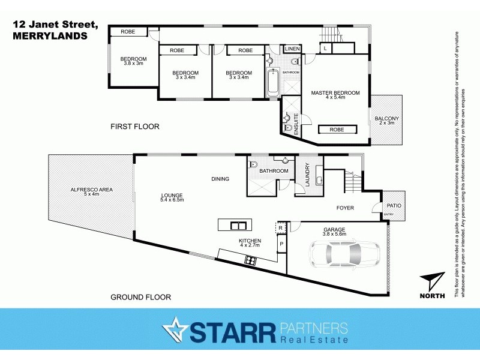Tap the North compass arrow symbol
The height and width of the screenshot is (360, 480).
point(433,282)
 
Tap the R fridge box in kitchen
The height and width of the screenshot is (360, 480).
point(280,228)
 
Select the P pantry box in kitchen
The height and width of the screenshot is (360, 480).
point(280,245)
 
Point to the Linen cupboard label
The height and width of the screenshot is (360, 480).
point(292,49)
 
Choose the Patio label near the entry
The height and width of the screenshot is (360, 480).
point(394,206)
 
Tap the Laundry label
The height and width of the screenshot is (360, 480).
point(307,176)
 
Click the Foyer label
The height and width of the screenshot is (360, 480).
point(344,208)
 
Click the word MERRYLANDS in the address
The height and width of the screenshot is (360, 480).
point(49,36)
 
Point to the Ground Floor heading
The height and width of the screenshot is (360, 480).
point(140,297)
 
